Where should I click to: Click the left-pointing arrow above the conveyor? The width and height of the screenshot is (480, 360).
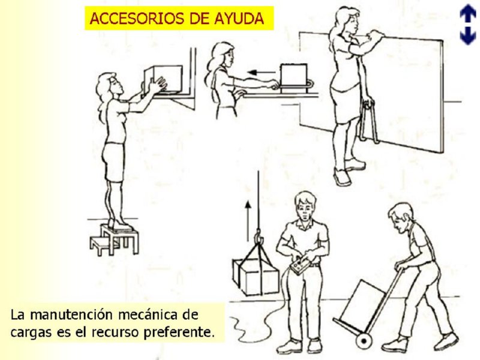click(x=261, y=73)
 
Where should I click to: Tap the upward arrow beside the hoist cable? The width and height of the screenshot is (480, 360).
click(x=246, y=219)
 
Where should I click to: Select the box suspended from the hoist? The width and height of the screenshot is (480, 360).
click(x=256, y=276)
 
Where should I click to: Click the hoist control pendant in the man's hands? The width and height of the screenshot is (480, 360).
click(x=300, y=265)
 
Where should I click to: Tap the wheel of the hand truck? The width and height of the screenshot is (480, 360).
click(x=363, y=340)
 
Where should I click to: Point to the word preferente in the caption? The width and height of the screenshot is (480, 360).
click(x=185, y=331)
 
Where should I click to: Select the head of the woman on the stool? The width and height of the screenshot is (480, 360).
click(x=109, y=85)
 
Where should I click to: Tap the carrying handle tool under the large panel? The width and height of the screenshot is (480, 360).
click(x=368, y=120)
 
